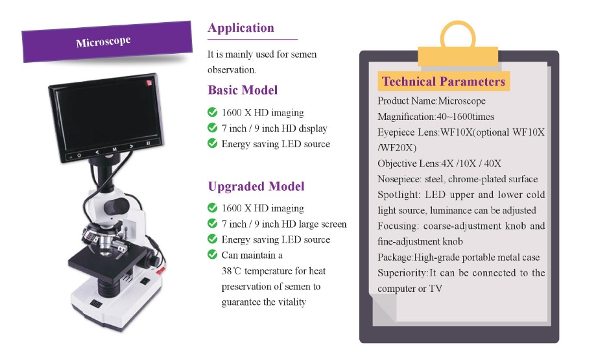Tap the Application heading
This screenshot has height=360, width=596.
click(x=241, y=28)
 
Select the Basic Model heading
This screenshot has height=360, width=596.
click(x=243, y=90)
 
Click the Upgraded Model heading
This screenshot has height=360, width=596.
click(x=256, y=186)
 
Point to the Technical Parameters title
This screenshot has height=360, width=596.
click(x=443, y=81)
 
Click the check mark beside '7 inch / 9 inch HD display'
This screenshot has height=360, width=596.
click(x=213, y=128)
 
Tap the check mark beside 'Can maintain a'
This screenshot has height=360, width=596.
click(x=213, y=254)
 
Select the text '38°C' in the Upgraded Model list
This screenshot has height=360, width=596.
click(x=231, y=271)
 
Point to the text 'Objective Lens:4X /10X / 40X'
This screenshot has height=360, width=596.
click(x=439, y=163)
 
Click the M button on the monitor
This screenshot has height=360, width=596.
click(x=114, y=149)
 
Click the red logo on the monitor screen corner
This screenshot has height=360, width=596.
click(x=149, y=82)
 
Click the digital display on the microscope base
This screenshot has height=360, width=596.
click(x=96, y=304)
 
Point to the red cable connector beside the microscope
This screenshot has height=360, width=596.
click(x=160, y=270)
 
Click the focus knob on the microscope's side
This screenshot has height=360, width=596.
click(x=154, y=261)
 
